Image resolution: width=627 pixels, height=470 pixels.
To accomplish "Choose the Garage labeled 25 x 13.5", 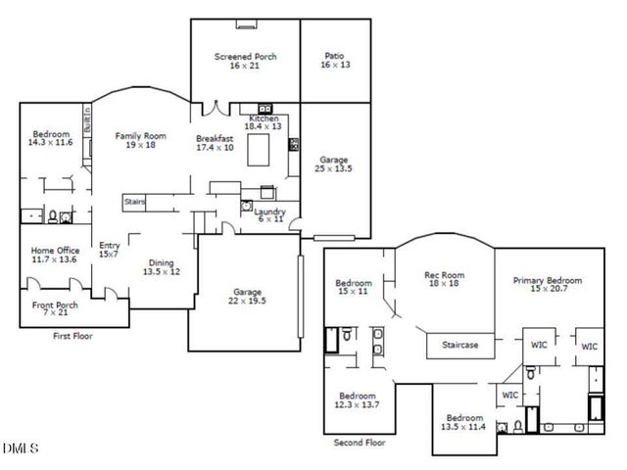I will point(335,164).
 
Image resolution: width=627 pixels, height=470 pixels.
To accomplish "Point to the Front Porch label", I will point(55,306).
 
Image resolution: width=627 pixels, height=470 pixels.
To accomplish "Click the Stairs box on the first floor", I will point(134,202).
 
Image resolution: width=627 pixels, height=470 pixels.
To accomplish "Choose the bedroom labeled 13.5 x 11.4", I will point(464,421).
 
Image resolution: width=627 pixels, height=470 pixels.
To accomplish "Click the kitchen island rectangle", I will point(260,152).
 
